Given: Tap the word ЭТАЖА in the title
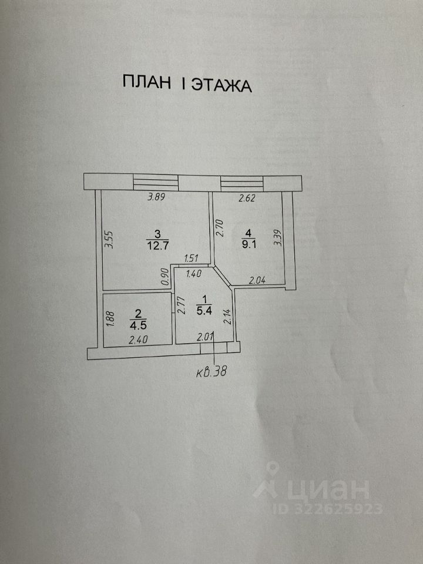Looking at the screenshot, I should [x=220, y=85].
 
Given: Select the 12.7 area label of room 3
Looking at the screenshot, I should [x=156, y=245].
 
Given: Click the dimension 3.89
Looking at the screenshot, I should [x=156, y=197].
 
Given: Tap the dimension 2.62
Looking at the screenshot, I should [x=247, y=199].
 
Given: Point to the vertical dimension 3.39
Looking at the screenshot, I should [x=277, y=237].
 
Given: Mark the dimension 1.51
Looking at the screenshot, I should [x=193, y=258].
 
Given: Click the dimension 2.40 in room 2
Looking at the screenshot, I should [x=139, y=338].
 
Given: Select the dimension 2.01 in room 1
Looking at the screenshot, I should [x=204, y=337].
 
